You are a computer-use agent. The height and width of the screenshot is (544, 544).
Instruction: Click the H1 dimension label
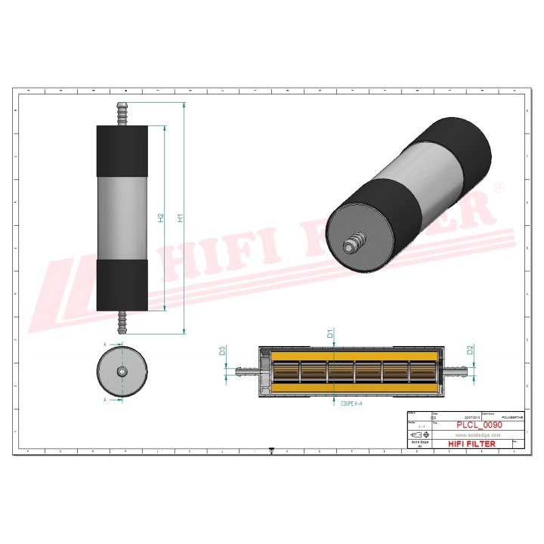pyautogui.click(x=180, y=218)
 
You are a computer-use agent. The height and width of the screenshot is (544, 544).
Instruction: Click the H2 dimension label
pyautogui.click(x=161, y=218)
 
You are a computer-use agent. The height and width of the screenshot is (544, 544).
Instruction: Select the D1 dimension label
pyautogui.click(x=330, y=332)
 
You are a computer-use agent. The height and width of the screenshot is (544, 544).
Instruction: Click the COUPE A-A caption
pyautogui.click(x=347, y=404)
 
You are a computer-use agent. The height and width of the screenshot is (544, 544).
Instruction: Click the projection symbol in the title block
pyautogui.click(x=418, y=437)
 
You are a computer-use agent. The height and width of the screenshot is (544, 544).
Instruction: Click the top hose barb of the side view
pyautogui.click(x=121, y=114)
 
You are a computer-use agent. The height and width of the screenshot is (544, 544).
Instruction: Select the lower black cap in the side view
pyautogui.click(x=122, y=286)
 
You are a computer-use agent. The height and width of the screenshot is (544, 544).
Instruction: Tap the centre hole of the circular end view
pyautogui.click(x=122, y=372)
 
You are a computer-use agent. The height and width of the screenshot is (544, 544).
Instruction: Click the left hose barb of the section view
pyautogui.click(x=245, y=370)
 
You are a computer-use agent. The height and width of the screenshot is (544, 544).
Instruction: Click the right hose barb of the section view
pyautogui.click(x=455, y=370)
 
